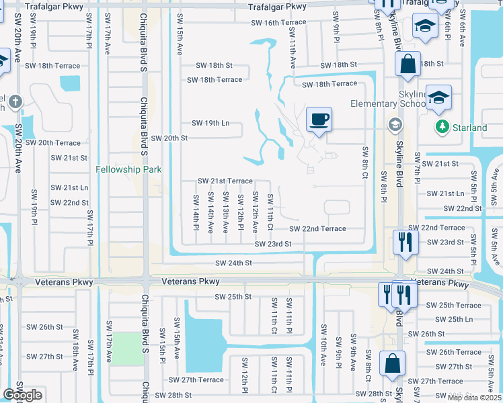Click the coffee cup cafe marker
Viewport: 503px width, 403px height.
pyautogui.click(x=319, y=120)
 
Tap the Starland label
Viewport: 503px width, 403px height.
pyautogui.click(x=470, y=128)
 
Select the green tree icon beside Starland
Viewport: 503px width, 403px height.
pyautogui.click(x=442, y=126)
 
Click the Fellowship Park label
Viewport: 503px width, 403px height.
pyautogui.click(x=128, y=169)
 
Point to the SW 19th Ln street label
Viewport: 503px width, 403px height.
pyautogui.click(x=210, y=123)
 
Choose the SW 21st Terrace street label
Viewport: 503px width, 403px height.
pyautogui.click(x=225, y=181)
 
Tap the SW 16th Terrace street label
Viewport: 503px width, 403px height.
pyautogui.click(x=278, y=22)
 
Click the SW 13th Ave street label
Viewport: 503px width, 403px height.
pyautogui.click(x=210, y=212)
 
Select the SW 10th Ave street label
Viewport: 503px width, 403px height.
pyautogui.click(x=323, y=345)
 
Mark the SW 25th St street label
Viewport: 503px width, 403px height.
pyautogui.click(x=233, y=296)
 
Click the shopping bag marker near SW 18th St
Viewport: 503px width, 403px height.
pyautogui.click(x=408, y=65)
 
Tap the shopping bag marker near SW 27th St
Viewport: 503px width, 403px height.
pyautogui.click(x=392, y=364)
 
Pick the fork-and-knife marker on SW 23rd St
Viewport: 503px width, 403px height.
pyautogui.click(x=405, y=242)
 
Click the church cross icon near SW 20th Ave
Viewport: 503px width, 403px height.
pyautogui.click(x=15, y=101)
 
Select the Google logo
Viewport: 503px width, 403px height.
pyautogui.click(x=22, y=395)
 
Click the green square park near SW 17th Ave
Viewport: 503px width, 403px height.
pyautogui.click(x=127, y=349)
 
